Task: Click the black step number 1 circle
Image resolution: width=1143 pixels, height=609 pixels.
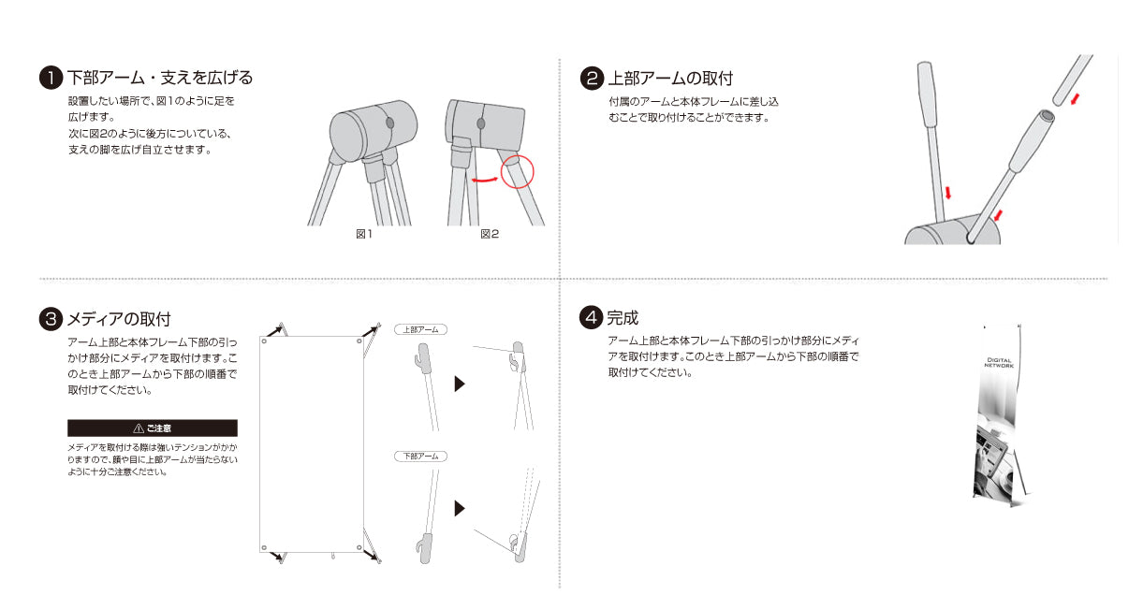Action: click(51, 78)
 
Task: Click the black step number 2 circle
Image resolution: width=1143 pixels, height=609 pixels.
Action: click(592, 79)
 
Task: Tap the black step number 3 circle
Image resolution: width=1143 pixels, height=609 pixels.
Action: click(51, 319)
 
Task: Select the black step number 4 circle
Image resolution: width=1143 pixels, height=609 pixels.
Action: click(591, 317)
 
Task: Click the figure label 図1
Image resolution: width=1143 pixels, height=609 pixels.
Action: click(364, 234)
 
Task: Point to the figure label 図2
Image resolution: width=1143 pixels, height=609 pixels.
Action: click(490, 234)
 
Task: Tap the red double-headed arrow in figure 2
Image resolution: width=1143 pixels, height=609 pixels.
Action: click(484, 180)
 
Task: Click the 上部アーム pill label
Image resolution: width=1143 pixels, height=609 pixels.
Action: click(420, 329)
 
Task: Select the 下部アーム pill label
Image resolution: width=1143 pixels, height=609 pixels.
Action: click(420, 456)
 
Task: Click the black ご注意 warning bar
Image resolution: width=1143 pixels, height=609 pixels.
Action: click(153, 428)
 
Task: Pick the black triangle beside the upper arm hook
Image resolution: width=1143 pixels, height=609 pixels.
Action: click(460, 384)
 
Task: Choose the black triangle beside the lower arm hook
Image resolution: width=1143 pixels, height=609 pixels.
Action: click(460, 508)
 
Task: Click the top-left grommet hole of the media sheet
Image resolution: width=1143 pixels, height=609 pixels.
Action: click(264, 341)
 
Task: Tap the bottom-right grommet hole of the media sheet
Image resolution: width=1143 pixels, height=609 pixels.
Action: click(359, 547)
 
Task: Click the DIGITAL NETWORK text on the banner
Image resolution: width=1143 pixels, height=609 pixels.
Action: click(999, 363)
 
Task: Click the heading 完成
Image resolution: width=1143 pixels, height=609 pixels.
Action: click(623, 318)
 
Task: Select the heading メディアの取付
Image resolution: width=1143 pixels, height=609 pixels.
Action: click(119, 319)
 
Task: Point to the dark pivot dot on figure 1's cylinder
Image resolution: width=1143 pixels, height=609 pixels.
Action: click(389, 123)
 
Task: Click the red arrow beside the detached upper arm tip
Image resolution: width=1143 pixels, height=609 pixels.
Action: click(1076, 99)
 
